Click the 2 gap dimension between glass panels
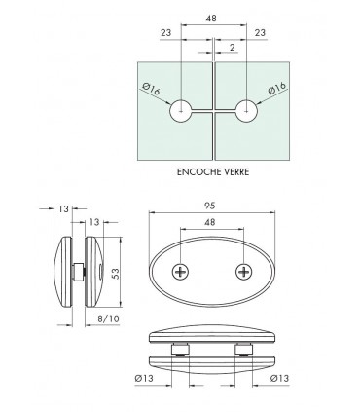point(231,47)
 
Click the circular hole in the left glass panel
point(181,111)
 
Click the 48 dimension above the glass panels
point(212,19)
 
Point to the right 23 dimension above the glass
point(260,33)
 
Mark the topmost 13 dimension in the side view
point(63,207)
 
